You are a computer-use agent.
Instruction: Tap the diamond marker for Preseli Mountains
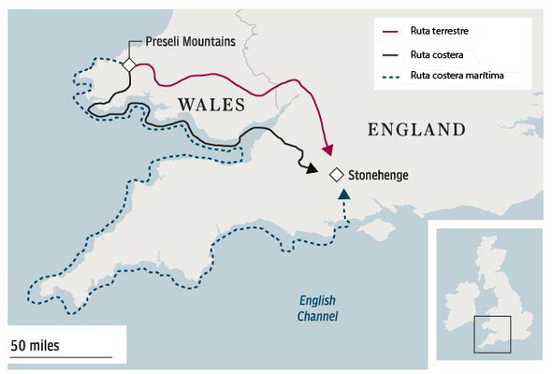click(x=129, y=64)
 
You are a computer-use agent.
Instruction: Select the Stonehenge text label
click(x=378, y=175)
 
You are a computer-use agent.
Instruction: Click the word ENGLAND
click(x=416, y=129)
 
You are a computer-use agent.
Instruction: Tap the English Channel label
click(x=318, y=309)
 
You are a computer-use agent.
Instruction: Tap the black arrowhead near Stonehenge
click(x=310, y=167)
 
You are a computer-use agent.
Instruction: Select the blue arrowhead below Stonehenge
click(x=345, y=195)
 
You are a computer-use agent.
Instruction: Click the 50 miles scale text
click(x=36, y=345)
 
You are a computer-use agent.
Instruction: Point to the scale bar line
click(x=61, y=357)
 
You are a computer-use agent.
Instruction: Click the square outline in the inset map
click(x=491, y=333)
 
